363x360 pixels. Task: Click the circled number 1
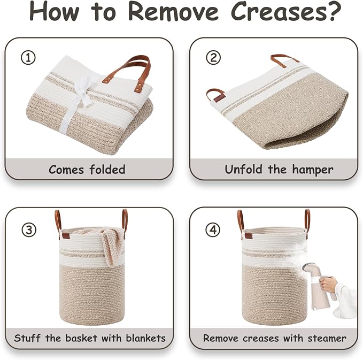coord(28,58)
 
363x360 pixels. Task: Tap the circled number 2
coord(213,57)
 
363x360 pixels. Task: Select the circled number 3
coord(29,230)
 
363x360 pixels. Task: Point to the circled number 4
coord(213,230)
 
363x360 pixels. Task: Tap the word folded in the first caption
coord(107,170)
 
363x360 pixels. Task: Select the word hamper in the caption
coord(313,170)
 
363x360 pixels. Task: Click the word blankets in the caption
coord(146,338)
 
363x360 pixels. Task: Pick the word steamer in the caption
coord(327,338)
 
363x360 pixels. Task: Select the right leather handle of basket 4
coord(307,223)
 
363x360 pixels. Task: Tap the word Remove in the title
coord(173,11)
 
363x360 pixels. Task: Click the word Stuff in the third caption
coord(27,338)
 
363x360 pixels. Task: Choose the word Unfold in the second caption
coord(244,170)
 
